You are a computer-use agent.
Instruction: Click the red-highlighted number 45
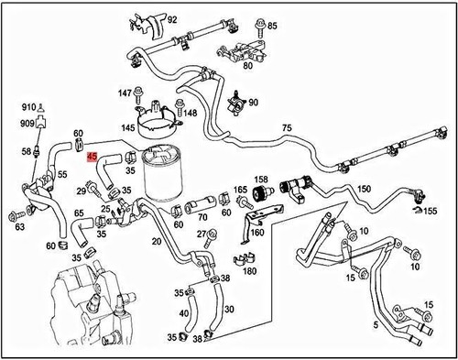click(x=92, y=157)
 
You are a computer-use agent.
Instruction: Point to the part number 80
click(x=248, y=65)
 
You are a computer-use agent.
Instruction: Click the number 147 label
click(x=125, y=93)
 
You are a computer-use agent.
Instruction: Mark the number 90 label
click(x=254, y=103)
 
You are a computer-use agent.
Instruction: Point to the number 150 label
click(x=364, y=189)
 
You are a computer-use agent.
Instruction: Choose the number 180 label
click(x=249, y=271)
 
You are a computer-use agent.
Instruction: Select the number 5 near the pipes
click(x=375, y=323)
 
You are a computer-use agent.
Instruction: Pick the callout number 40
click(x=185, y=313)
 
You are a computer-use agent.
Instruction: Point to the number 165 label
click(x=240, y=190)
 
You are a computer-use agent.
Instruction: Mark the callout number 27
click(x=202, y=235)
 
